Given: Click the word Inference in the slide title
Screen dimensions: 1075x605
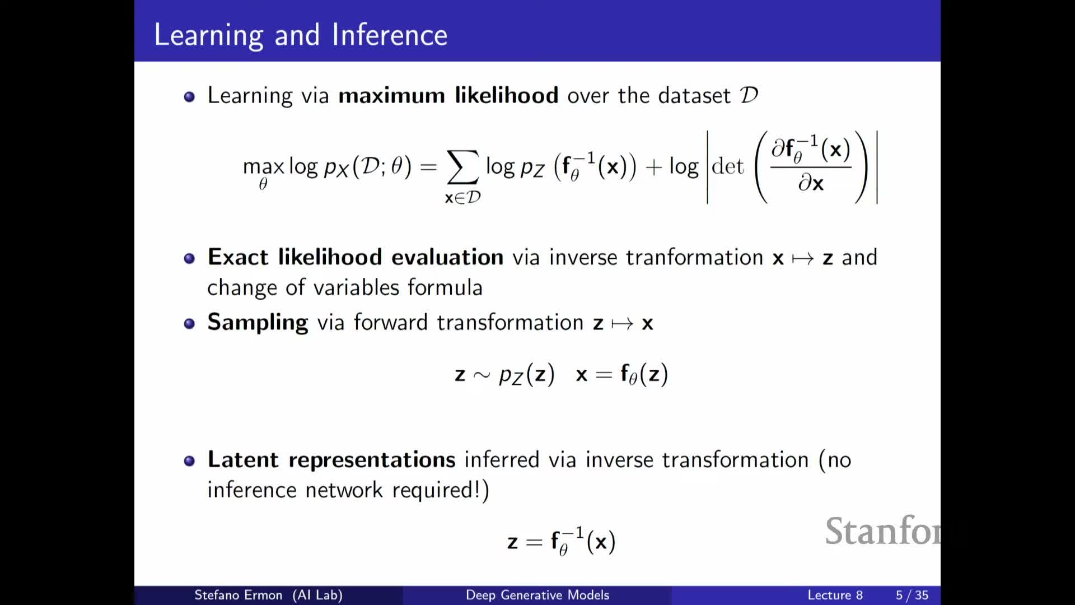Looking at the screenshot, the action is coord(390,35).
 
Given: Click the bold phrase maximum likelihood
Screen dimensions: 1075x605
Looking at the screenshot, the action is coord(448,95).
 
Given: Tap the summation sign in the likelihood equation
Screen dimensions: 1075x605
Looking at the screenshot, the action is coord(462,167).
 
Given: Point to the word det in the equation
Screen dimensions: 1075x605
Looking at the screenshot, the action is coord(728,166).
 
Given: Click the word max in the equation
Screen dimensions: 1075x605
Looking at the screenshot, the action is coord(263,167).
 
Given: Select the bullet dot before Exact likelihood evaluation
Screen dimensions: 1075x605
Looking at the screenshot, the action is coord(189,258).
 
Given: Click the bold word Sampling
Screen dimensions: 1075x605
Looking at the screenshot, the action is coord(258,323).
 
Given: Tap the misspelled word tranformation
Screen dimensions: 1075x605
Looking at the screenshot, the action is coord(694,258).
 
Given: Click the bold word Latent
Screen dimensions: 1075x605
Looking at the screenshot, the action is coord(243,459).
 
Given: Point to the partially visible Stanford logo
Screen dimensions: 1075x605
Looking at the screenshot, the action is coord(883,531).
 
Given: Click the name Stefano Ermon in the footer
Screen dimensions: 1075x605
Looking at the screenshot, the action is coord(238,595).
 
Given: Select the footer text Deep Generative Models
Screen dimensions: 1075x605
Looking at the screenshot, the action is coord(537,595).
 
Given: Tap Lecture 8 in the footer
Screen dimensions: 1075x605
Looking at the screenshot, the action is coord(835,595).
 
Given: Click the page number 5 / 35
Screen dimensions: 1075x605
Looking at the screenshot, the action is coord(912,595).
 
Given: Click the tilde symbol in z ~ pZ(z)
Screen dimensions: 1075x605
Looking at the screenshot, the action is coord(482,375).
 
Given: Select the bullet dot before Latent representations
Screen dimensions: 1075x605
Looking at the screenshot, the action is coord(189,461).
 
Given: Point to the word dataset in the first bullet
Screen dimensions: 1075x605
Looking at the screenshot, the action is coord(694,95).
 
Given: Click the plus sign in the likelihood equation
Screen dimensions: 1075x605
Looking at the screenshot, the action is coord(653,167).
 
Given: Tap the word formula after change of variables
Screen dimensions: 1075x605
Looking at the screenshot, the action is coord(445,287).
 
